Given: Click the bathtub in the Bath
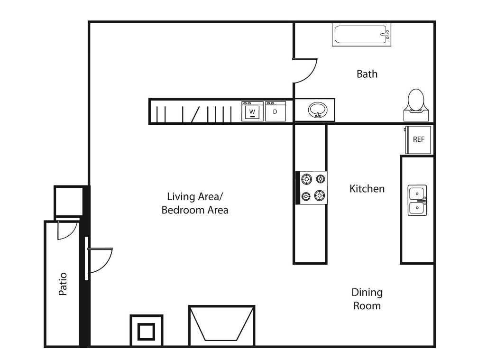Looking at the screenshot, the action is (361, 35).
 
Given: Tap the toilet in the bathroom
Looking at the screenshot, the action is (416, 105).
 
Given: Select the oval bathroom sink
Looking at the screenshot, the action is (317, 110).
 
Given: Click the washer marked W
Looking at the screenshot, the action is (252, 111).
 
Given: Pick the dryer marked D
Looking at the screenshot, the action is (276, 111).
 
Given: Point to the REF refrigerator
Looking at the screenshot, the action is (418, 140).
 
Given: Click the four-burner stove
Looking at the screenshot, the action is (312, 188).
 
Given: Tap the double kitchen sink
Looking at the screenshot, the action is (417, 200).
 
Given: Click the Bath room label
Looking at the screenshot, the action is (367, 74).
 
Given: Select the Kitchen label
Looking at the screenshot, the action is (367, 189).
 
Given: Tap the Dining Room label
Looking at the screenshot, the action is (367, 299).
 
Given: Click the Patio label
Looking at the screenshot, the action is (63, 284).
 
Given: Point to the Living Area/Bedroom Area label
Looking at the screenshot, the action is (195, 203).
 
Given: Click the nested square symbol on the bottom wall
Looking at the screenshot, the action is (146, 331).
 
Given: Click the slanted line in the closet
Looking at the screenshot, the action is (195, 114).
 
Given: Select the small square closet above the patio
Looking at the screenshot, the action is (69, 202).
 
